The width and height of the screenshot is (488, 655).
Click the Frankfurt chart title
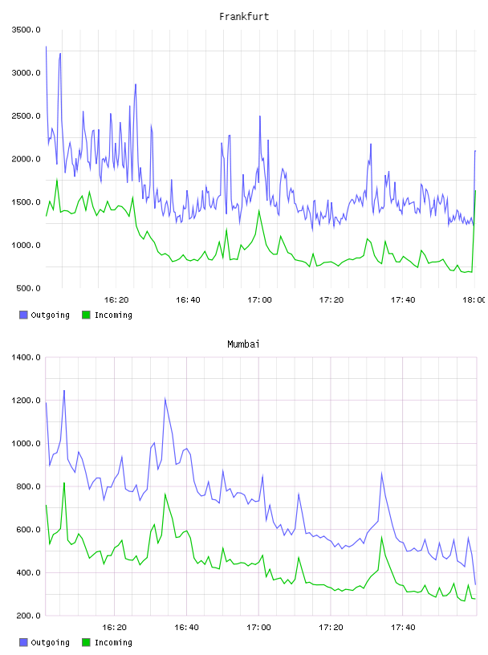coord(244,17)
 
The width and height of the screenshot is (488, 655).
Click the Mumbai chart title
coord(243,344)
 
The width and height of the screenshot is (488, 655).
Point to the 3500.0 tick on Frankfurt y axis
coord(26,30)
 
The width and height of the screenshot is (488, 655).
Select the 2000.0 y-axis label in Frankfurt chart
coord(26,159)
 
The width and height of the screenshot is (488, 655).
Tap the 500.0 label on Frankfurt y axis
coord(28,288)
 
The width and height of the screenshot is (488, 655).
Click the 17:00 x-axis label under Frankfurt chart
coord(259,300)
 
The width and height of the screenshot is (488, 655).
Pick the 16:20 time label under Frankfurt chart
coord(116,300)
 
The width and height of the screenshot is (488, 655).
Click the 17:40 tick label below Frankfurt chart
coord(403,300)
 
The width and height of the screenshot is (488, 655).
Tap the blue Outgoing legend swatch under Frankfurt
coord(23,315)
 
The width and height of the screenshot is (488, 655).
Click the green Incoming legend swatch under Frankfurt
coord(86,315)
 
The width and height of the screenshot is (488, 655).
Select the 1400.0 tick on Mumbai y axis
coord(26,357)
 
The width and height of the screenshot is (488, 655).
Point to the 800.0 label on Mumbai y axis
coord(28,486)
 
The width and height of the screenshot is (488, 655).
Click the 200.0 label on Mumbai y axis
coord(28,616)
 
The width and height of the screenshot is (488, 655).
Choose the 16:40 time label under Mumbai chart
coord(186,628)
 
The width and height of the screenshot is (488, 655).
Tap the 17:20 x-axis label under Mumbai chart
coord(331,628)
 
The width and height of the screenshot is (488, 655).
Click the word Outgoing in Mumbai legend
coord(50,642)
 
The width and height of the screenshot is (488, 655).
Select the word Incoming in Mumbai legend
coord(113,642)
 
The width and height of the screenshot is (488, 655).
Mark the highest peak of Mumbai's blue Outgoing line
coord(64,391)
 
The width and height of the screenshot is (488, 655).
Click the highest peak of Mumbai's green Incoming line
coord(64,483)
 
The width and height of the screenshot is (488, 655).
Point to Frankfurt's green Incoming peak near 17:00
coord(259,210)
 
